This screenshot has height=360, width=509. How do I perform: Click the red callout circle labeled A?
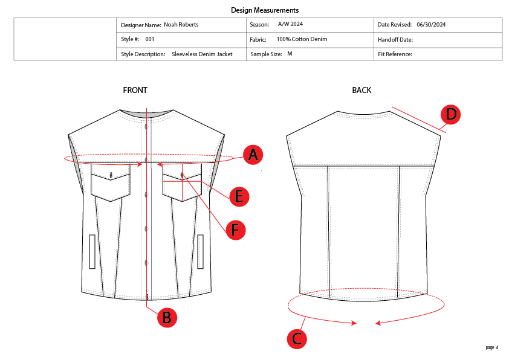(253, 155)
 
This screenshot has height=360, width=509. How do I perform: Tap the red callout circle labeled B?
(167, 318)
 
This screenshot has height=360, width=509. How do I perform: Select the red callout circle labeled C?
(297, 339)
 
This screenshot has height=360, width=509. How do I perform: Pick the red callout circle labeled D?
(451, 114)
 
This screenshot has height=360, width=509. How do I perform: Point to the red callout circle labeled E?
(239, 196)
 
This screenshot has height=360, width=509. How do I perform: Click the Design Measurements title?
(265, 10)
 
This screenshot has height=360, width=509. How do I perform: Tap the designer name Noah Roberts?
(181, 25)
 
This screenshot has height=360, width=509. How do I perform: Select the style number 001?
(150, 39)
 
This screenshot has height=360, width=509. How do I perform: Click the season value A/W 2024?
(291, 24)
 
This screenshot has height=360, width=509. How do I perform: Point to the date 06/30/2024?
(431, 25)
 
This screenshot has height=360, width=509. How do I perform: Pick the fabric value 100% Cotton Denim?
(302, 39)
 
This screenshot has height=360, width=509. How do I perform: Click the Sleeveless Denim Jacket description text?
(202, 54)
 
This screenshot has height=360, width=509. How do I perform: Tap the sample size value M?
(290, 54)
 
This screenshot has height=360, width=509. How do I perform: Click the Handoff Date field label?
(395, 39)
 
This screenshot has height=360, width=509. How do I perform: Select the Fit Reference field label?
(395, 54)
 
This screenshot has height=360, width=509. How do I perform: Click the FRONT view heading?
(135, 91)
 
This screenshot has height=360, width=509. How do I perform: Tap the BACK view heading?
(361, 91)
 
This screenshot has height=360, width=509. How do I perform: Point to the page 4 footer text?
(491, 347)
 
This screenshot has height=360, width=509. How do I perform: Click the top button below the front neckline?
(146, 126)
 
